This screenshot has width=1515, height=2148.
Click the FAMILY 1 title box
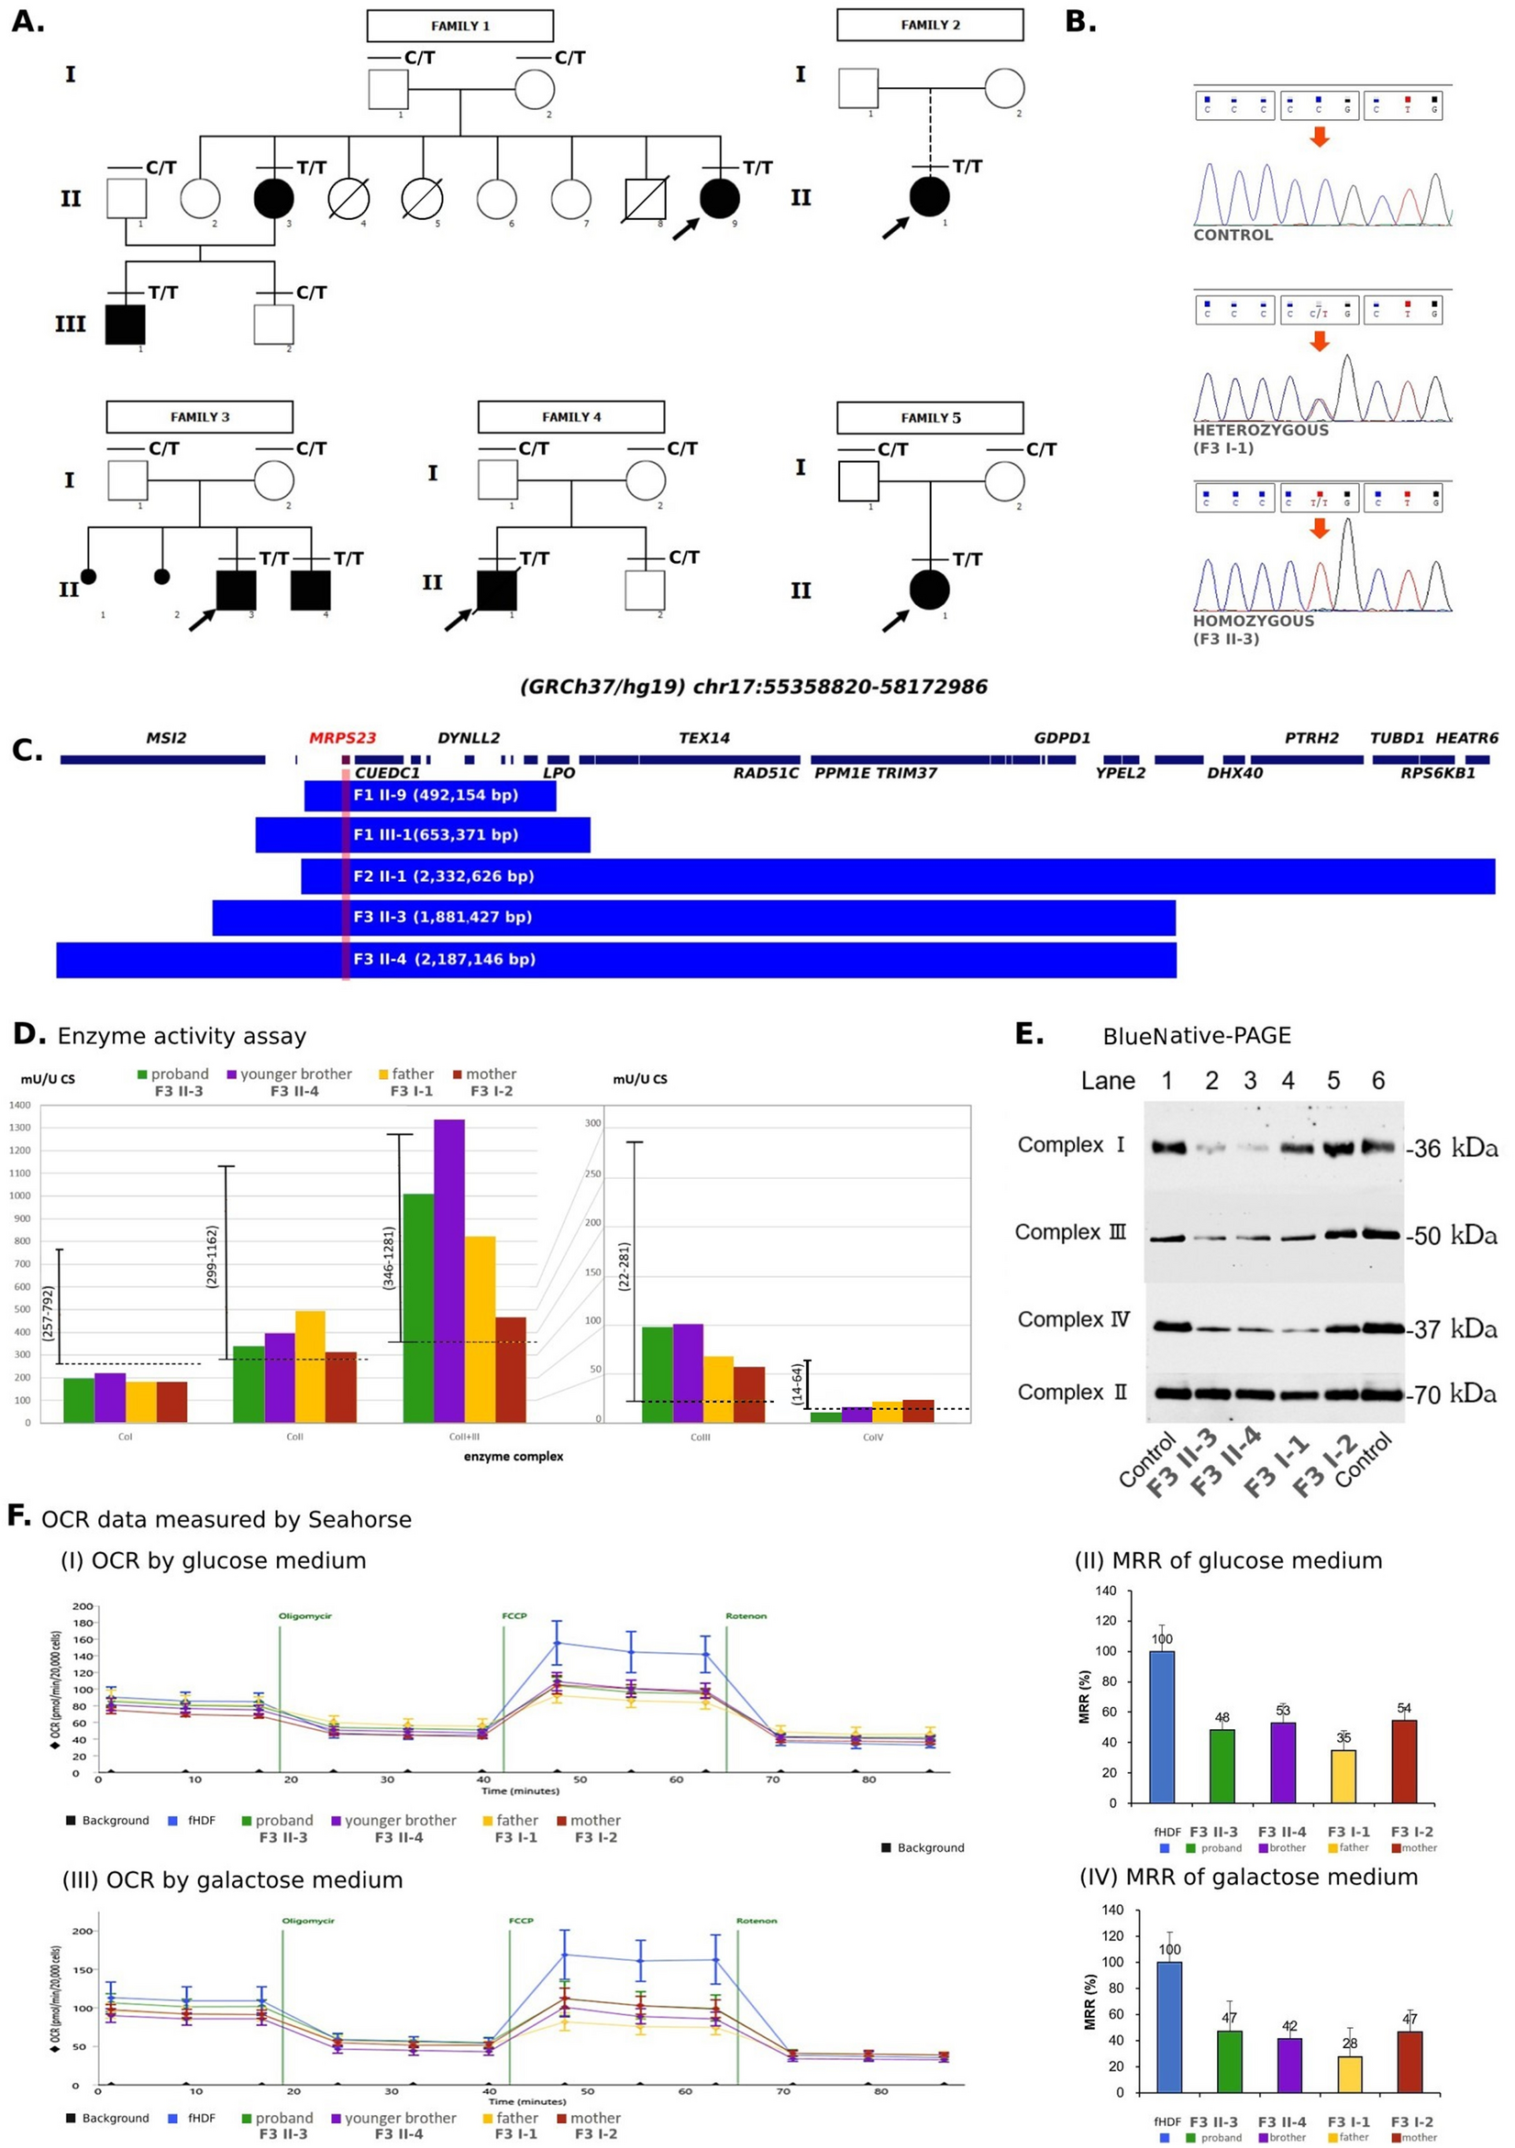(459, 27)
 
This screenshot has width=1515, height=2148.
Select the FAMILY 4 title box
(570, 417)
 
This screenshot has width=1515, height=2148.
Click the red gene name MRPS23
(342, 738)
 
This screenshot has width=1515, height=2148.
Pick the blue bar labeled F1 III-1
(422, 834)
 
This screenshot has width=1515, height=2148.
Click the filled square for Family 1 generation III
(125, 324)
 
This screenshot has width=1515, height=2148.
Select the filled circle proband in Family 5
(929, 590)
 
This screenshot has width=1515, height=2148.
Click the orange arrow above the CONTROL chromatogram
(1319, 137)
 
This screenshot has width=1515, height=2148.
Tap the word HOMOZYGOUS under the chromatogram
(1253, 622)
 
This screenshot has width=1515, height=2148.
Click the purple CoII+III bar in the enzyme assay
(449, 1270)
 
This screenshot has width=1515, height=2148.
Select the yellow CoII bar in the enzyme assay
(310, 1366)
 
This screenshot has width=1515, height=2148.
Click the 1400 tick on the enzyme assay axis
(20, 1105)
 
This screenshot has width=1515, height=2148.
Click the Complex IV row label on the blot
(1073, 1319)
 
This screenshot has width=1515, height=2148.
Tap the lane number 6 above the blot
(1378, 1082)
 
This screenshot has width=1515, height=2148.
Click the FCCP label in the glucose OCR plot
(514, 1615)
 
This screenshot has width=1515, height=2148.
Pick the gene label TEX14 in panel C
(703, 738)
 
